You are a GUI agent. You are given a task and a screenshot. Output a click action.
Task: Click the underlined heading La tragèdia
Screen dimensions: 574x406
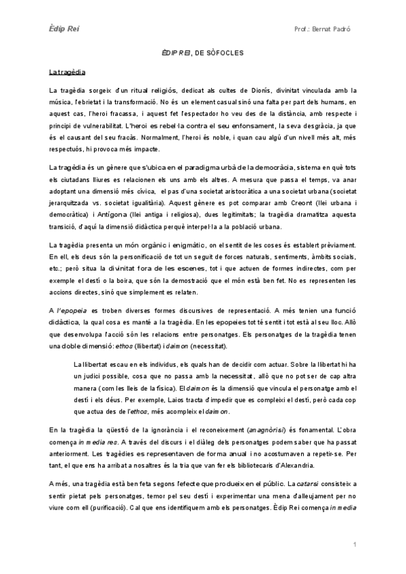click(66, 71)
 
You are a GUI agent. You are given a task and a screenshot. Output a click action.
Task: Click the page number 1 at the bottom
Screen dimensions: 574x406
click(355, 545)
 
